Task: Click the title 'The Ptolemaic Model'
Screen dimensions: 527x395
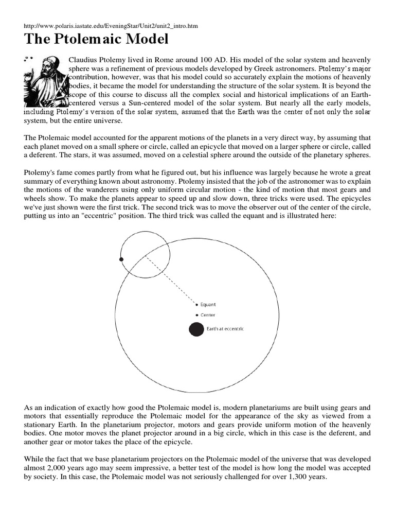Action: [97, 40]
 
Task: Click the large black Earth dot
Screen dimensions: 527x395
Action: [196, 329]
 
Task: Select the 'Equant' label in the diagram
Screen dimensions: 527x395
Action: [208, 305]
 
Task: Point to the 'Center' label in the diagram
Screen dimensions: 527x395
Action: [208, 315]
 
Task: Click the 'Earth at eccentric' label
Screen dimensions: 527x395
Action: [225, 329]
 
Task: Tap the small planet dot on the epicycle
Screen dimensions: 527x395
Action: [121, 259]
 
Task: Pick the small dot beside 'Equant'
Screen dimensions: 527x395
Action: [196, 305]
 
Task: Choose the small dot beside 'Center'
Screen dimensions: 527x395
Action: [196, 315]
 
